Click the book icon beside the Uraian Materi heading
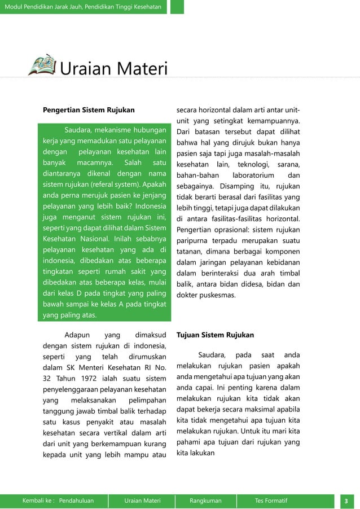pos(42,65)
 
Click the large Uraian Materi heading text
pos(114,70)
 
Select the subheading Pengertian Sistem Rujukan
pos(89,109)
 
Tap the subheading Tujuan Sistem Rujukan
pos(215,335)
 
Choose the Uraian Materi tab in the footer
pos(143,501)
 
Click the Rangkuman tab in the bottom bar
pos(205,501)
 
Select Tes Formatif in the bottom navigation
pos(271,501)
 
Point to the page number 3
pos(345,501)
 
